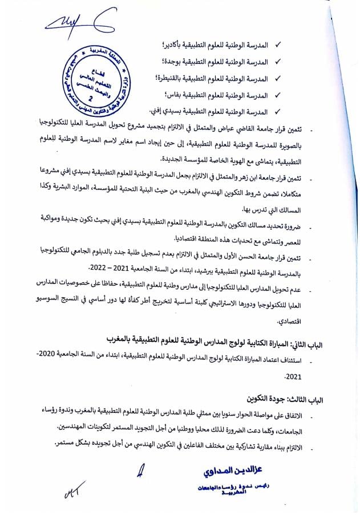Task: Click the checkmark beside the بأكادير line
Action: tap(278, 44)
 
